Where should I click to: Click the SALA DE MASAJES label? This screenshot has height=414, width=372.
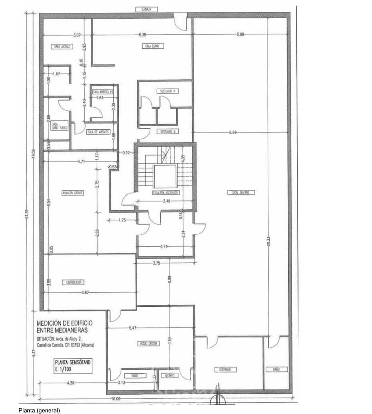click(98, 132)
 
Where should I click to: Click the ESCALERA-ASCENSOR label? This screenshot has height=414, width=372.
click(166, 193)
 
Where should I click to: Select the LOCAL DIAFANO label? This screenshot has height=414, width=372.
click(241, 192)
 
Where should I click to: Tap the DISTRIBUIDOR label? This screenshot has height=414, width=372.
click(73, 282)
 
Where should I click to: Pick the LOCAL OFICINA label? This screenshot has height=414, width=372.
click(149, 344)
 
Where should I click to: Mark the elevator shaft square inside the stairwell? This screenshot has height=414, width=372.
click(166, 176)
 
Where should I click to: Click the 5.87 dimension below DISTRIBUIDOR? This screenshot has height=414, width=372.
click(86, 293)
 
